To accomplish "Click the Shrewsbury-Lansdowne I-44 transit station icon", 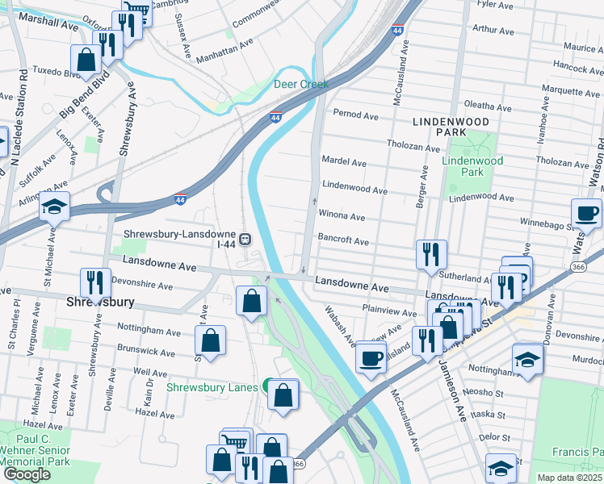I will pos(244,239).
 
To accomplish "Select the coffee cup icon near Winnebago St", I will pos(586,213).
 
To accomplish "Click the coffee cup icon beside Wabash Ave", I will pos(371,357).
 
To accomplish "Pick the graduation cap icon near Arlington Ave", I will pos(55,207).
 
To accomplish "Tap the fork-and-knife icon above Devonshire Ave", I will pos(95,282).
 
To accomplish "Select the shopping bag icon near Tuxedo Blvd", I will pos(86,59).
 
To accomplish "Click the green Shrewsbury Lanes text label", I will pos(212,387).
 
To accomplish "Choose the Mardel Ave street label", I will pos(344,163).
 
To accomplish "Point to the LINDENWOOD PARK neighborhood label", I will pos(451,126).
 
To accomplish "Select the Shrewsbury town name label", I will pos(99,302).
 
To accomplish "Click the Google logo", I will pos(27,474).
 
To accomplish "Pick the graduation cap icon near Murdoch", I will pos(527,359).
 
